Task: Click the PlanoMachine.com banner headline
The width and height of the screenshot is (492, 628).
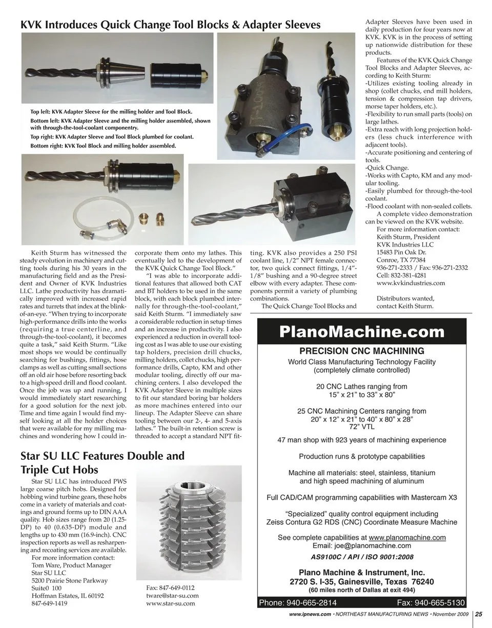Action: (366, 332)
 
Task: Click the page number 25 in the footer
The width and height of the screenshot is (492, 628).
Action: (478, 614)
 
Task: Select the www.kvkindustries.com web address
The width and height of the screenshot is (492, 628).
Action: (411, 283)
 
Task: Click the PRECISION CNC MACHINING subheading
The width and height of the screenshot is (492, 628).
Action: (362, 352)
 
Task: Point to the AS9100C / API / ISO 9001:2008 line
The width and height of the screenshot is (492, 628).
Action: (362, 557)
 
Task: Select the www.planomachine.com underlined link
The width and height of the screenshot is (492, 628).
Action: (407, 538)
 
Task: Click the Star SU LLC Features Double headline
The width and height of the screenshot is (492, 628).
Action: (102, 456)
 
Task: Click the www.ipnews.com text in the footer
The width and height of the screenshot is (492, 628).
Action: (306, 614)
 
